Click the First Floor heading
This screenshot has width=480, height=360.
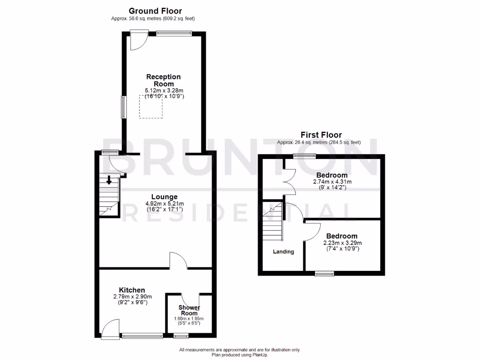pyautogui.click(x=322, y=135)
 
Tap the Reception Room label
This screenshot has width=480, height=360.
pyautogui.click(x=163, y=80)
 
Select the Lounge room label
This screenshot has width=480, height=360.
pyautogui.click(x=164, y=197)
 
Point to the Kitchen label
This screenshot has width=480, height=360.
pyautogui.click(x=132, y=290)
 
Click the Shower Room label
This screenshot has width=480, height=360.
pyautogui.click(x=189, y=310)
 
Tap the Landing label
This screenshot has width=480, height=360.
pyautogui.click(x=284, y=252)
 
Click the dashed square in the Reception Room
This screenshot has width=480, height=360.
pyautogui.click(x=150, y=107)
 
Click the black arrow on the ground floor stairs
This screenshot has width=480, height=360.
pyautogui.click(x=109, y=180)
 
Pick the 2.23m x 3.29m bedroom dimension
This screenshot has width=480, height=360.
pyautogui.click(x=342, y=243)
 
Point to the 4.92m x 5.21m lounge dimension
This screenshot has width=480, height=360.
pyautogui.click(x=164, y=203)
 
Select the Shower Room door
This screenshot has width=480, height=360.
pyautogui.click(x=190, y=299)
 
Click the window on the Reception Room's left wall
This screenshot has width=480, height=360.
pyautogui.click(x=123, y=107)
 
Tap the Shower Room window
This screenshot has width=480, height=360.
pyautogui.click(x=180, y=336)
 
